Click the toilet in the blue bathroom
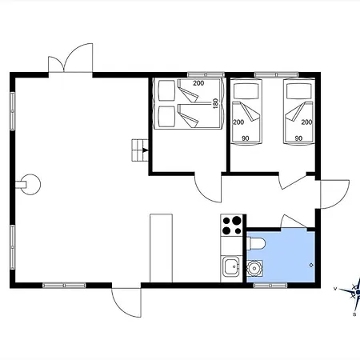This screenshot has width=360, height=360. tap(256, 243)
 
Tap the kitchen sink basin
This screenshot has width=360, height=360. tap(231, 266)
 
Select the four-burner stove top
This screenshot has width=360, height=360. tap(231, 226)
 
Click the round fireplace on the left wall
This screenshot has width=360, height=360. tap(30, 185)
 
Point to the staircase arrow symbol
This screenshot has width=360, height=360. tap(146, 150)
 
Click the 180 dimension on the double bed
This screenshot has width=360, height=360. tap(216, 103)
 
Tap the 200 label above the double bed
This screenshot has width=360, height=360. tap(198, 83)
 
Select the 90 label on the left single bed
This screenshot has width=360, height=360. tap(246, 138)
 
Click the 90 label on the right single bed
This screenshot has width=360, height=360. tap(298, 138)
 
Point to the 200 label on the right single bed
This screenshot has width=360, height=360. tap(306, 122)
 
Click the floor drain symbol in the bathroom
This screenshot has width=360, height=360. tap(311, 265)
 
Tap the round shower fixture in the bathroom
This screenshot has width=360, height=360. tap(254, 268)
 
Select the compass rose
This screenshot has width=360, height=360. tap(354, 292)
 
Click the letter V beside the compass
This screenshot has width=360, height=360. tap(335, 289)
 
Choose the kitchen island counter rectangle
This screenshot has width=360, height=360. tap(162, 248)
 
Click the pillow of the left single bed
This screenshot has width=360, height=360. tap(246, 91)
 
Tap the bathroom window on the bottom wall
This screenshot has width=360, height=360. tap(270, 286)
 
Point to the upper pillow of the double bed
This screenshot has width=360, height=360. tap(166, 90)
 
